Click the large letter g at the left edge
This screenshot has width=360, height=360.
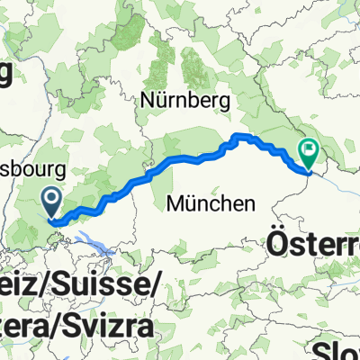pyautogui.click(x=5, y=76)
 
